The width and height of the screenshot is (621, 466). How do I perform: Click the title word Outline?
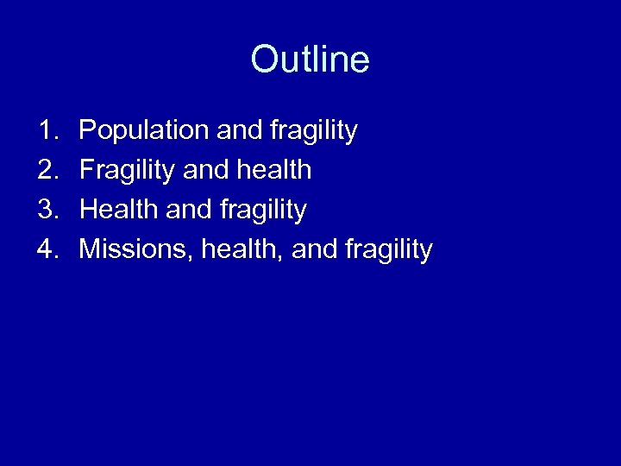pyautogui.click(x=310, y=60)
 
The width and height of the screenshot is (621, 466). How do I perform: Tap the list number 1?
pyautogui.click(x=47, y=130)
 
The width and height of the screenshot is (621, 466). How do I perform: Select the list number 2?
pyautogui.click(x=47, y=170)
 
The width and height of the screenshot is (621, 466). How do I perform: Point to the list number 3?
pyautogui.click(x=47, y=210)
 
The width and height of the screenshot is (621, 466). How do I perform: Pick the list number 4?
pyautogui.click(x=47, y=249)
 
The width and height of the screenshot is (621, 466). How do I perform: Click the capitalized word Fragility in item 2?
pyautogui.click(x=129, y=171)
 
